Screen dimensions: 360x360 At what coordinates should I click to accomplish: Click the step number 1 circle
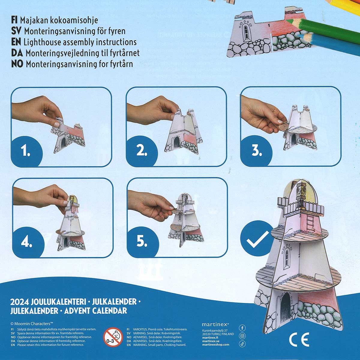(x=26, y=151)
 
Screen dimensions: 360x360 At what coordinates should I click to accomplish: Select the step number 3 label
(x=256, y=151)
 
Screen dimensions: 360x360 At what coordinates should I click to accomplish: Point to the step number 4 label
(x=26, y=242)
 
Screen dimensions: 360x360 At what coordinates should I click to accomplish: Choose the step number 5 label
(x=142, y=241)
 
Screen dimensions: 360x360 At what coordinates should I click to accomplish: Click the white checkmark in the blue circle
(x=258, y=239)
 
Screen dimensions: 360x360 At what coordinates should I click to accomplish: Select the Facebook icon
(x=242, y=328)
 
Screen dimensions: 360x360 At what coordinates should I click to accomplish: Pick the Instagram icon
(x=242, y=336)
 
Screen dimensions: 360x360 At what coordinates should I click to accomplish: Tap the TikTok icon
(x=242, y=344)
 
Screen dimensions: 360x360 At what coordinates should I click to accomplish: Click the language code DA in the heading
(x=17, y=53)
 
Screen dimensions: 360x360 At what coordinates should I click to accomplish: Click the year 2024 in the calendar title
(x=19, y=302)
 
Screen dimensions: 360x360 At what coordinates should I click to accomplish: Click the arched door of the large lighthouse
(x=286, y=308)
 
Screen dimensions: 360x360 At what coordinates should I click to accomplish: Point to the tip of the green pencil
(x=286, y=20)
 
